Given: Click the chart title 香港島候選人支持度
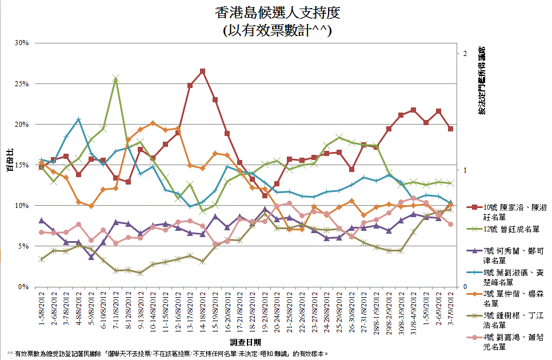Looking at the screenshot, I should (x=276, y=13).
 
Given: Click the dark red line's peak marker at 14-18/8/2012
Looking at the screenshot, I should (x=202, y=71).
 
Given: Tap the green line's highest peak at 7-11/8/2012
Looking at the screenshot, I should (x=115, y=78).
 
